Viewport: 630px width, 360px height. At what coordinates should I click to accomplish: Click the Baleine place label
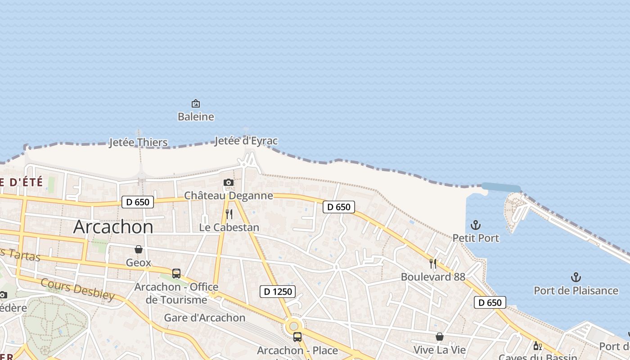point(196,117)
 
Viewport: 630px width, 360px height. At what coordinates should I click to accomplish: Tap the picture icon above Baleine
point(196,104)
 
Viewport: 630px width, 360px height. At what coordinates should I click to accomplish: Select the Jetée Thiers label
point(139,143)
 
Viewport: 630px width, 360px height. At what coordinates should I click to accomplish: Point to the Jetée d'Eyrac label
point(246,141)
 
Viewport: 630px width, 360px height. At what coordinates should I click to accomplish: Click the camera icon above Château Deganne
point(229,182)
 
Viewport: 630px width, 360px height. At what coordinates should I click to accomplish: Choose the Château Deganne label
point(229,196)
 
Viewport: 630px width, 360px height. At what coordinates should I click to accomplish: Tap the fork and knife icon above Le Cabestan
point(229,214)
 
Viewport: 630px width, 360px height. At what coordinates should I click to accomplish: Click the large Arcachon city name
point(113,226)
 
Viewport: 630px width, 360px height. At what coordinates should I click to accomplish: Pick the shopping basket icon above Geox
point(139,249)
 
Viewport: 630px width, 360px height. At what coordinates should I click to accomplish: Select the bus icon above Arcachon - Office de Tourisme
point(176,273)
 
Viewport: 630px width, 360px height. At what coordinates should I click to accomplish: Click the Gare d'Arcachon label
point(205,318)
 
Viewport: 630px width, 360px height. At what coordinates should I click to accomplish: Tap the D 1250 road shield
point(278,292)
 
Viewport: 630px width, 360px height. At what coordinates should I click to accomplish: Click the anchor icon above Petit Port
point(476,225)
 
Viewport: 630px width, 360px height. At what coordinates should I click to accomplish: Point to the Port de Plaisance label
point(576,291)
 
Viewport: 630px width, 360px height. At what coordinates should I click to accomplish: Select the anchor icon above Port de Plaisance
point(576,277)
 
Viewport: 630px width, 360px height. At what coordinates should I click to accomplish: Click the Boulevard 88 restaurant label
point(433,277)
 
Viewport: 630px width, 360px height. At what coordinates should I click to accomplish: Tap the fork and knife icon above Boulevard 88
point(433,263)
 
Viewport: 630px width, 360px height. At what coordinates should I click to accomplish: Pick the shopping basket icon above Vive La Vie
point(440,337)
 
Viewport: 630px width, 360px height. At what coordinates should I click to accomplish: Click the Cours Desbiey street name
point(78,289)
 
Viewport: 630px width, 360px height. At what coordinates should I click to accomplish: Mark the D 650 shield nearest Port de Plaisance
point(490,302)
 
